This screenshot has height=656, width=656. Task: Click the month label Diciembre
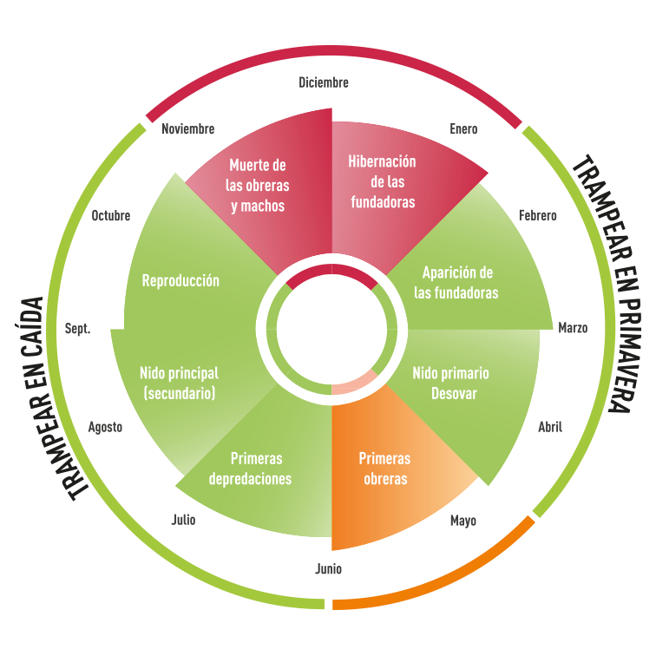click(323, 82)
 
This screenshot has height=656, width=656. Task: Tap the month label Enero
click(463, 129)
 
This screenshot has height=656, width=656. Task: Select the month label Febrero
click(537, 215)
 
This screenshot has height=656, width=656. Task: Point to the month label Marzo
click(573, 328)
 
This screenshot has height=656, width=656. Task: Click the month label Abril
click(550, 426)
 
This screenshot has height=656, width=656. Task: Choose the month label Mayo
click(462, 522)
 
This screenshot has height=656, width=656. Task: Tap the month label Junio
click(328, 570)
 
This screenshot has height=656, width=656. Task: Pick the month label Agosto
click(105, 427)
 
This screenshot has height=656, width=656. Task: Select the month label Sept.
click(77, 329)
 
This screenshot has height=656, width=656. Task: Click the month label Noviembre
click(188, 128)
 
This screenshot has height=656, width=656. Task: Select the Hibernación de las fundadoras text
click(382, 181)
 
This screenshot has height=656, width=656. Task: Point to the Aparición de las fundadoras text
click(456, 282)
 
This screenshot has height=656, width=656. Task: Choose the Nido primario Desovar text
click(450, 383)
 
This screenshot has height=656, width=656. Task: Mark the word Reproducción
click(180, 280)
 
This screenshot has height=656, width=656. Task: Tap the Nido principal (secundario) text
click(179, 383)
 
